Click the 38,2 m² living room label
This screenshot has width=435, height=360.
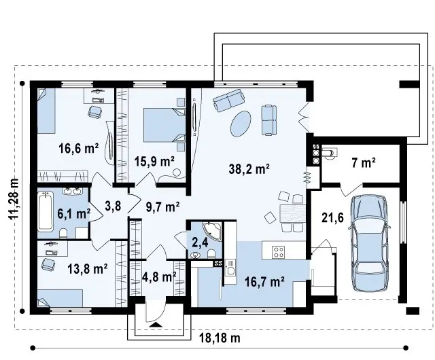249,168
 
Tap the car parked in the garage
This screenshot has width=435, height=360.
368,243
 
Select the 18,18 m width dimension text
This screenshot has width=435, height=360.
220,338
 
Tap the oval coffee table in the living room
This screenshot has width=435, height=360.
241,124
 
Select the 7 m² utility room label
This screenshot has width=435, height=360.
364,163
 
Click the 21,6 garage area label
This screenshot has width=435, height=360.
332,218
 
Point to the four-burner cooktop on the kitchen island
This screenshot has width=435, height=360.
278,252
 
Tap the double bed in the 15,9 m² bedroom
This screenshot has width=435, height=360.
164,125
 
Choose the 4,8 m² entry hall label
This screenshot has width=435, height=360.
159,276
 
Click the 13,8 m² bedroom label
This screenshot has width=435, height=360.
88,268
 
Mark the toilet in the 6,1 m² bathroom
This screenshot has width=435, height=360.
63,234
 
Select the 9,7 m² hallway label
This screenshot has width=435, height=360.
163,207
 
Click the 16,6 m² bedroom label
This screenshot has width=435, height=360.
79,148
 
